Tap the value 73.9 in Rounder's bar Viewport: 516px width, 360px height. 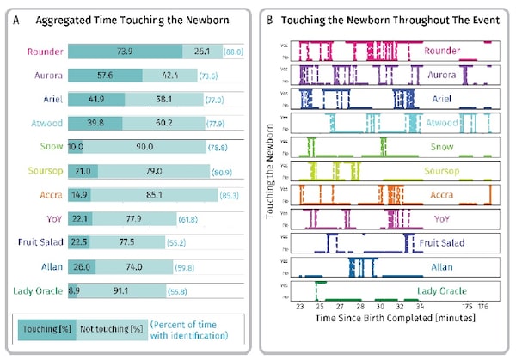(x=131, y=52)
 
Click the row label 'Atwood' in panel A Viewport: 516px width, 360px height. (x=44, y=123)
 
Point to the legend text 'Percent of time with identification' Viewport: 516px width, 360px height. (x=191, y=329)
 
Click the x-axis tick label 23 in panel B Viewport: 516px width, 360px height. (x=299, y=305)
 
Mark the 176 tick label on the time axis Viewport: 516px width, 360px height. (x=483, y=305)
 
